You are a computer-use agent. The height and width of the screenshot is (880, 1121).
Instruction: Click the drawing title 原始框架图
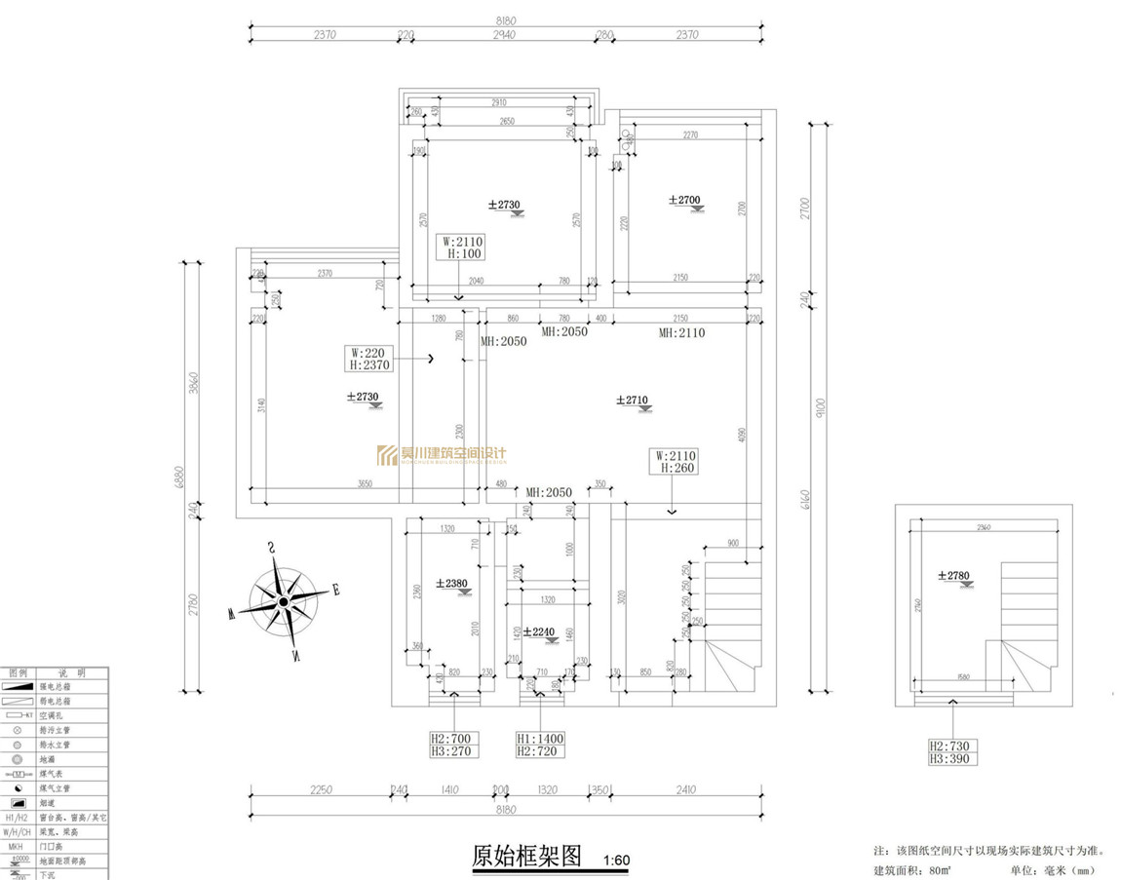point(526,857)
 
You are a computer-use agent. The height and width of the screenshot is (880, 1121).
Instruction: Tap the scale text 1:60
point(617,861)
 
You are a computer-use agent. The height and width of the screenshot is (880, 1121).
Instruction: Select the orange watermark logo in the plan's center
point(442,454)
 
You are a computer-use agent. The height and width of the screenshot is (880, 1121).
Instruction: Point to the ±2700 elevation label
point(684,200)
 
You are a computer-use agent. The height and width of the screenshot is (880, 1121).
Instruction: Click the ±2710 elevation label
point(633,400)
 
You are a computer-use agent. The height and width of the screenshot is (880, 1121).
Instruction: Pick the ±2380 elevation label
point(455,584)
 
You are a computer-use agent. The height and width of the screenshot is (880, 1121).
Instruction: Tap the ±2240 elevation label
point(539,631)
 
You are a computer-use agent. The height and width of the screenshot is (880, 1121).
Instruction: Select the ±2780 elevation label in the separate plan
point(954,576)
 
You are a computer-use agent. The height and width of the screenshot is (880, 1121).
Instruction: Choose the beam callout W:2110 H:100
point(462,247)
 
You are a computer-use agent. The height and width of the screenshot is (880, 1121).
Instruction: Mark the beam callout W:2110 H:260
point(676,461)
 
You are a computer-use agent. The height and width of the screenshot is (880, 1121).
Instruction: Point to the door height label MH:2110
point(681,333)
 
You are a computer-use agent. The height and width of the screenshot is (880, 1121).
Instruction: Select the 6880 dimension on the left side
point(178,477)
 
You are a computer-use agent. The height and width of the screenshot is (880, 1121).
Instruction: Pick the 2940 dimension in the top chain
point(503,35)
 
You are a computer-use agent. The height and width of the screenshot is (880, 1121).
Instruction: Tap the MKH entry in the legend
point(16,847)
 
